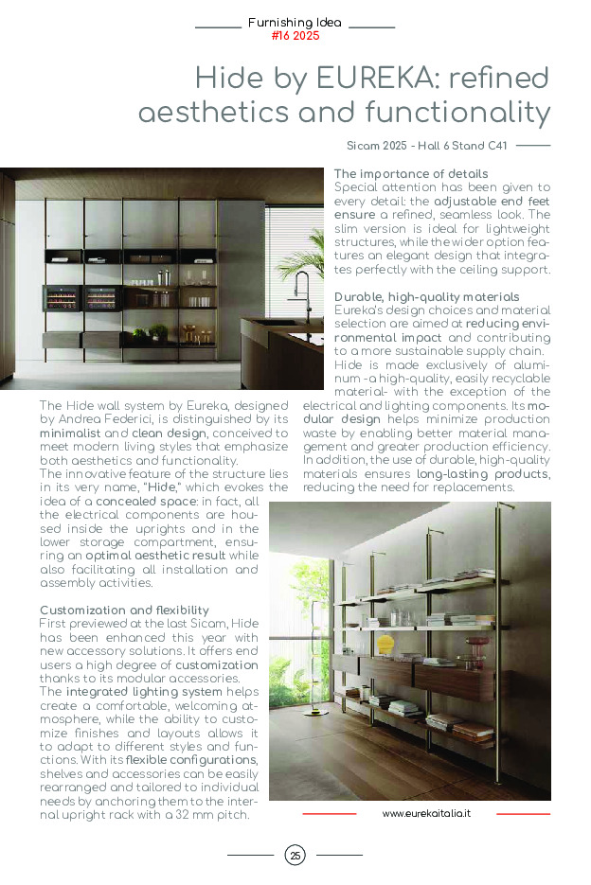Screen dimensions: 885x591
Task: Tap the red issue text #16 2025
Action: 295,36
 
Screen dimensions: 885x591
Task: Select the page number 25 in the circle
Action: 295,856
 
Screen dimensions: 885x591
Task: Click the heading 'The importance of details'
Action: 411,174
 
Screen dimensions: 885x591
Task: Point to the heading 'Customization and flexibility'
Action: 124,611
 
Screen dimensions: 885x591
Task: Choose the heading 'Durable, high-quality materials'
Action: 426,297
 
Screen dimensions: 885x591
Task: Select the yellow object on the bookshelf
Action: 385,645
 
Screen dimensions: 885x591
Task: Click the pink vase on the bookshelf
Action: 466,644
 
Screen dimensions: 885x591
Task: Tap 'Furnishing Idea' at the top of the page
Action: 295,23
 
